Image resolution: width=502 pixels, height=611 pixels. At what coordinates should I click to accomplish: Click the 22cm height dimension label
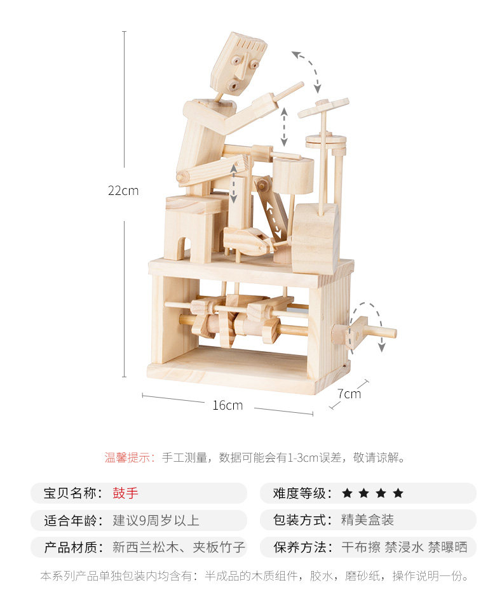pos(123,191)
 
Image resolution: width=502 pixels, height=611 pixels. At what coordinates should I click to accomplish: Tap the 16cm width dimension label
pos(227,405)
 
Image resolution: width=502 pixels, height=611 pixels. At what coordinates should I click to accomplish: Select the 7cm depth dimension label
pos(349,394)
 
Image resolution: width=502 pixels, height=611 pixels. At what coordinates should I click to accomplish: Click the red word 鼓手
pos(126,493)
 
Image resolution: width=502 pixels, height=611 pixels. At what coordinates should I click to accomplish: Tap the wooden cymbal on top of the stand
pos(323,107)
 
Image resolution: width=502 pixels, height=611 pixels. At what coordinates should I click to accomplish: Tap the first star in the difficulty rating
pos(347,493)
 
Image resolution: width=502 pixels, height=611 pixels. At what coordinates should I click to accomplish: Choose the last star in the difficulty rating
pos(398,493)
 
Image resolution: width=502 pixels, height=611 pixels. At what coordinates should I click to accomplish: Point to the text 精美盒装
pos(367,520)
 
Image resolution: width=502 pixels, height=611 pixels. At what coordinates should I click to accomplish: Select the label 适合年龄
pos(70,520)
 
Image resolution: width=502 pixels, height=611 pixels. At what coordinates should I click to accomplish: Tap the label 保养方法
pos(300,547)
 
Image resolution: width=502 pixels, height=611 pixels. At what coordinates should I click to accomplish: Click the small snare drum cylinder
pos(293,175)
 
